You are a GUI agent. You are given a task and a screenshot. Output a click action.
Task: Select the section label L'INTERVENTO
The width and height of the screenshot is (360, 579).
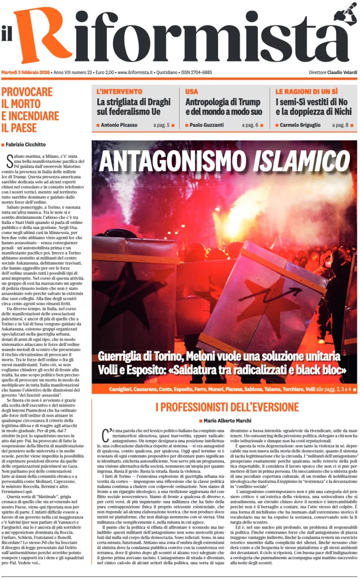[x=119, y=91]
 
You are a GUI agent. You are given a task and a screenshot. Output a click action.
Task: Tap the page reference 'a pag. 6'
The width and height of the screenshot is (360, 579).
[x=250, y=125]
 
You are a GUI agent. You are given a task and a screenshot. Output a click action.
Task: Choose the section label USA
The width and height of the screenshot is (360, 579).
[x=192, y=91]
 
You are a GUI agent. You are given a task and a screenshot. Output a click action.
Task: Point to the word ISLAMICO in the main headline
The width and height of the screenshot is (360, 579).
[x=301, y=161]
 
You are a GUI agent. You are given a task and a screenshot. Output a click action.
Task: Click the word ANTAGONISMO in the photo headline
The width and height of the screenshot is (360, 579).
[x=174, y=161]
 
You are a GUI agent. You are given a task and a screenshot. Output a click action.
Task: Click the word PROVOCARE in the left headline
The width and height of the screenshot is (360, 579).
[x=27, y=92]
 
